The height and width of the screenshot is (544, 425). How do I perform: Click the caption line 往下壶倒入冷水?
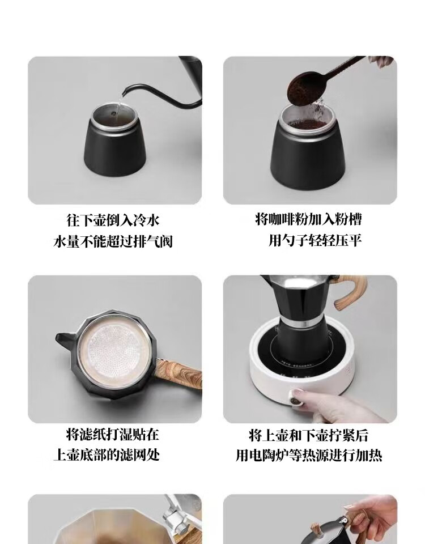[113, 220]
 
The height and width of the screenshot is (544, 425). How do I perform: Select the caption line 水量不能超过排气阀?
[113, 241]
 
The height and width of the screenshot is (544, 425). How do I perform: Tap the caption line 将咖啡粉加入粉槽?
[308, 219]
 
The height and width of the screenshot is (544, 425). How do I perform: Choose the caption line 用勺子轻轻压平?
[315, 240]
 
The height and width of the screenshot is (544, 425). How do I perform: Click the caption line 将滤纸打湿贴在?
[113, 435]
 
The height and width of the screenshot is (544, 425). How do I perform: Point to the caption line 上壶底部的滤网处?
[107, 455]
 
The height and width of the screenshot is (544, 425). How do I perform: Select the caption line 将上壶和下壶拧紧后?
[308, 435]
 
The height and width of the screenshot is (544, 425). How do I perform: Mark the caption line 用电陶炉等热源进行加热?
[309, 456]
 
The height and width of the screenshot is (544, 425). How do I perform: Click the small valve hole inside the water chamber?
[113, 113]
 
